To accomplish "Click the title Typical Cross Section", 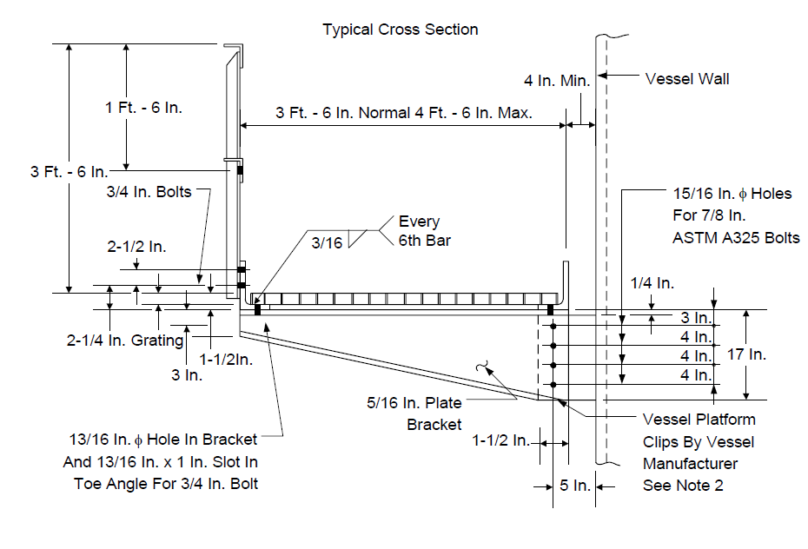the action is click(x=401, y=30).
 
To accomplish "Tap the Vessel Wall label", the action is click(x=687, y=79).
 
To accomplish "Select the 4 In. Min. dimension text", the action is click(x=557, y=81).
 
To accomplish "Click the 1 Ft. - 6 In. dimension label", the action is click(x=143, y=108).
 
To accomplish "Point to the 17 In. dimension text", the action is click(x=746, y=354).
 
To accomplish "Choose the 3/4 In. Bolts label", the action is click(x=149, y=192).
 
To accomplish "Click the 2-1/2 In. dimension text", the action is click(x=136, y=247).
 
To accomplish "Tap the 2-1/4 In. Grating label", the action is click(x=125, y=341).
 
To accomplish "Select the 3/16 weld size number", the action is click(x=327, y=242).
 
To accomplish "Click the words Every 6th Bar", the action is click(x=425, y=231).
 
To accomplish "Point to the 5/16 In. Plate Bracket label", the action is click(x=414, y=413).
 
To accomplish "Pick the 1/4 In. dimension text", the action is click(x=652, y=282).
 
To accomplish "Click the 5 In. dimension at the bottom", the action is click(x=575, y=486).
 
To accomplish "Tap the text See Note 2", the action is click(x=683, y=486).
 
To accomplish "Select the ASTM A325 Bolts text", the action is click(x=736, y=238).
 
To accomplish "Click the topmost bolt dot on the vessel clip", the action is click(x=553, y=326).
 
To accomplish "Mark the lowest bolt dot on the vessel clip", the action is click(x=553, y=385).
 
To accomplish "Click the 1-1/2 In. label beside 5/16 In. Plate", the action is click(x=501, y=440).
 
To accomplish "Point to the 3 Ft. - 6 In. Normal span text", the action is click(x=345, y=113).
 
